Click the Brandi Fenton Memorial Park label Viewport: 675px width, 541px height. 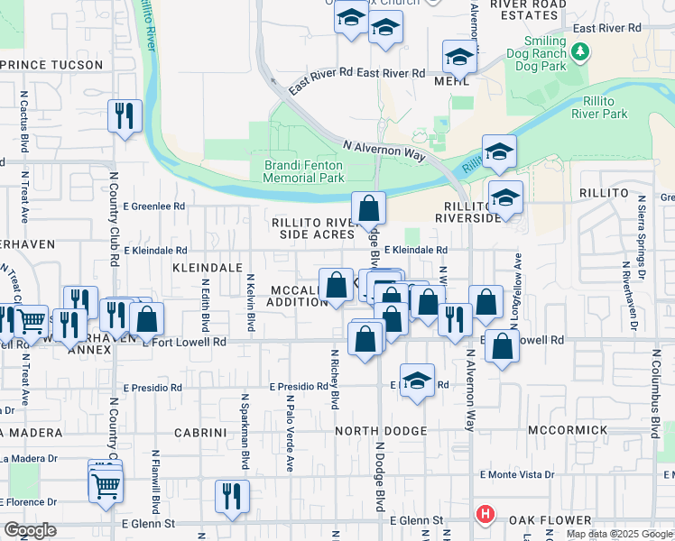point(304,171)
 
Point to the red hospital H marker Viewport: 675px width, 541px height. point(485,516)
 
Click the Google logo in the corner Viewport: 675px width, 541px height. point(29,530)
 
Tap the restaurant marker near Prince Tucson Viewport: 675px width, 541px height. point(125,116)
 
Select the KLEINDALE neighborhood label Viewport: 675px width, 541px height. point(208,268)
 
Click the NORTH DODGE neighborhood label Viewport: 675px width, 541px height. point(380,431)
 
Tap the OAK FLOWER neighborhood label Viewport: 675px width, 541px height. point(550,520)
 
